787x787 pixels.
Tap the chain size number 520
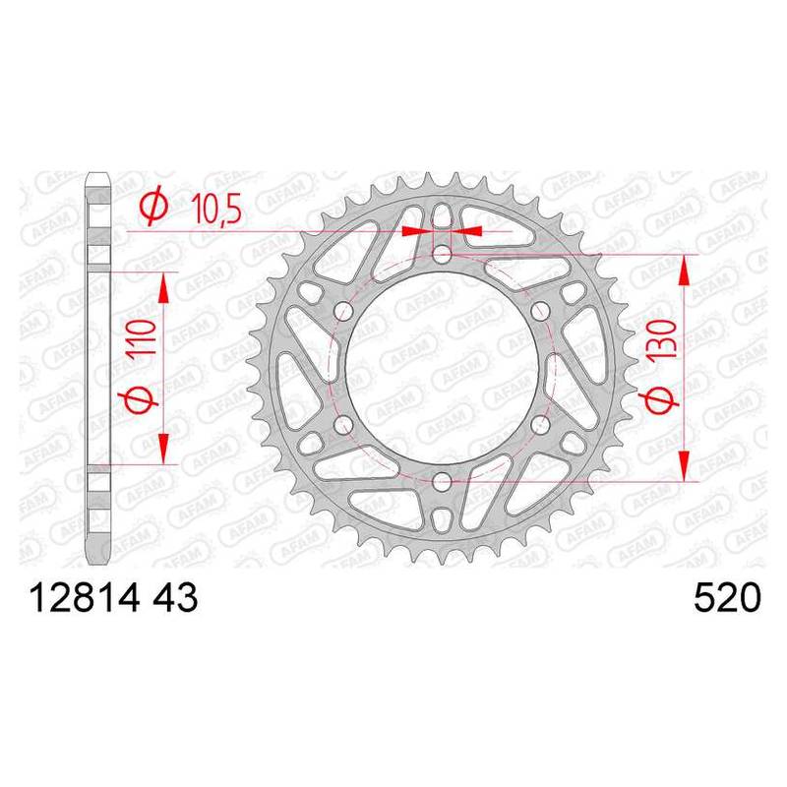727,598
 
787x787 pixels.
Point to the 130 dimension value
663,337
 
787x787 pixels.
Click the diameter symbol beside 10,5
154,206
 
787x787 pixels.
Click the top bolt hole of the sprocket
442,255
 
